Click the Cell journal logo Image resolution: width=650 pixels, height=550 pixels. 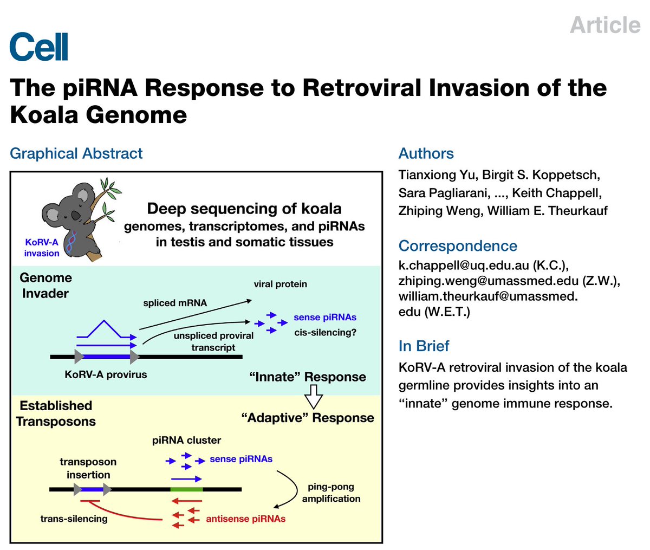point(39,47)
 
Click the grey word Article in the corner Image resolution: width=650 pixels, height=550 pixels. point(604,25)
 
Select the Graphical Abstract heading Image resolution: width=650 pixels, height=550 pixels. point(76,153)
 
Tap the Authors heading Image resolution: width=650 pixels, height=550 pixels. point(426,153)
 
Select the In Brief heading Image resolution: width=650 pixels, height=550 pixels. point(424,346)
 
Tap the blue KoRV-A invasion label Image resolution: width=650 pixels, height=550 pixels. point(42,248)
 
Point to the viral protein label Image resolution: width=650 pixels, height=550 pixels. point(280,284)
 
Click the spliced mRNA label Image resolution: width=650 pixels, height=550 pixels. point(175,303)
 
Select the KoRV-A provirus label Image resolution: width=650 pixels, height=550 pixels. point(106,374)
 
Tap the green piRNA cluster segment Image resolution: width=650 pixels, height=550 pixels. point(186,489)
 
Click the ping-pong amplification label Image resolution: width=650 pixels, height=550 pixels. point(331,493)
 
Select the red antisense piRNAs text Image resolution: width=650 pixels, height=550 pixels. point(245,519)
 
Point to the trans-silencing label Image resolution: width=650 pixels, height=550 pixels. point(74,519)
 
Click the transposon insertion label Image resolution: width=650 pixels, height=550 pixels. point(88,468)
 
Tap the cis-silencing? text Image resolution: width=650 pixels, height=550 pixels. point(325,332)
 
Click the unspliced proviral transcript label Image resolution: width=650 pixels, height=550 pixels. point(213,341)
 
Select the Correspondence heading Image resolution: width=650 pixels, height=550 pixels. point(458,246)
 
